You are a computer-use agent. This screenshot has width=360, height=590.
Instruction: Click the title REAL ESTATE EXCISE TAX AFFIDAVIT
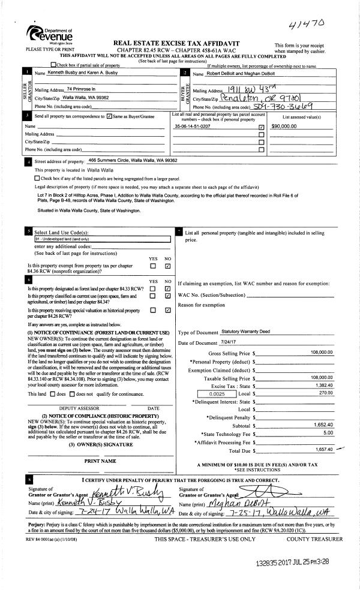[x=180, y=44]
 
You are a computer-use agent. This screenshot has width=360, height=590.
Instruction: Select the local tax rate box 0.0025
[x=217, y=394]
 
